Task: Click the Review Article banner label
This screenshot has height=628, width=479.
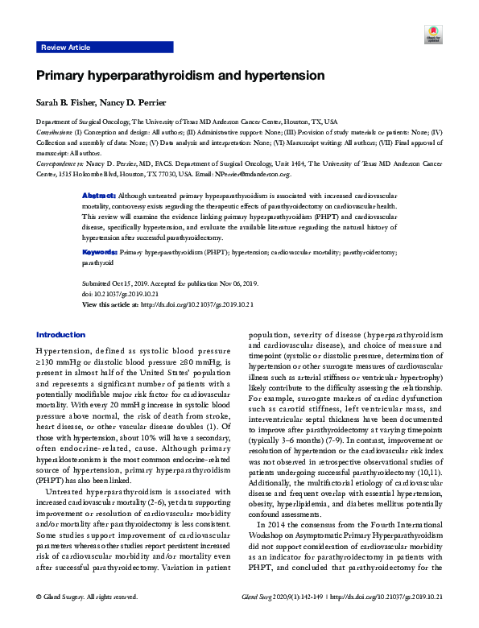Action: pos(65,48)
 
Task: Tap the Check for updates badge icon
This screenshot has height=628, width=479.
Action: pos(433,34)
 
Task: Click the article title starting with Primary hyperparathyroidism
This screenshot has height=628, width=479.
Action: pos(180,76)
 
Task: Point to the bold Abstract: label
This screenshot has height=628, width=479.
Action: pos(100,196)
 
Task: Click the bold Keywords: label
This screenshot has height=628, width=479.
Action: pos(101,252)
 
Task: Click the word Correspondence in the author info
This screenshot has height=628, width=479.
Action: pos(56,163)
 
